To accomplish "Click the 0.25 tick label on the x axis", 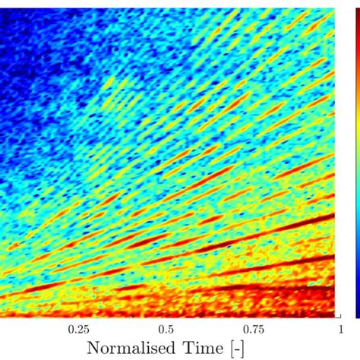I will [78, 330].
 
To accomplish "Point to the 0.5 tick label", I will [166, 330].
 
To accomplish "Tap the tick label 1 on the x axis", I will [334, 330].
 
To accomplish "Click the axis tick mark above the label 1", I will [335, 315].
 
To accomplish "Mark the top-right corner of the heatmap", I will [336, 8].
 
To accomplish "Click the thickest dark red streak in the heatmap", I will [304, 228].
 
